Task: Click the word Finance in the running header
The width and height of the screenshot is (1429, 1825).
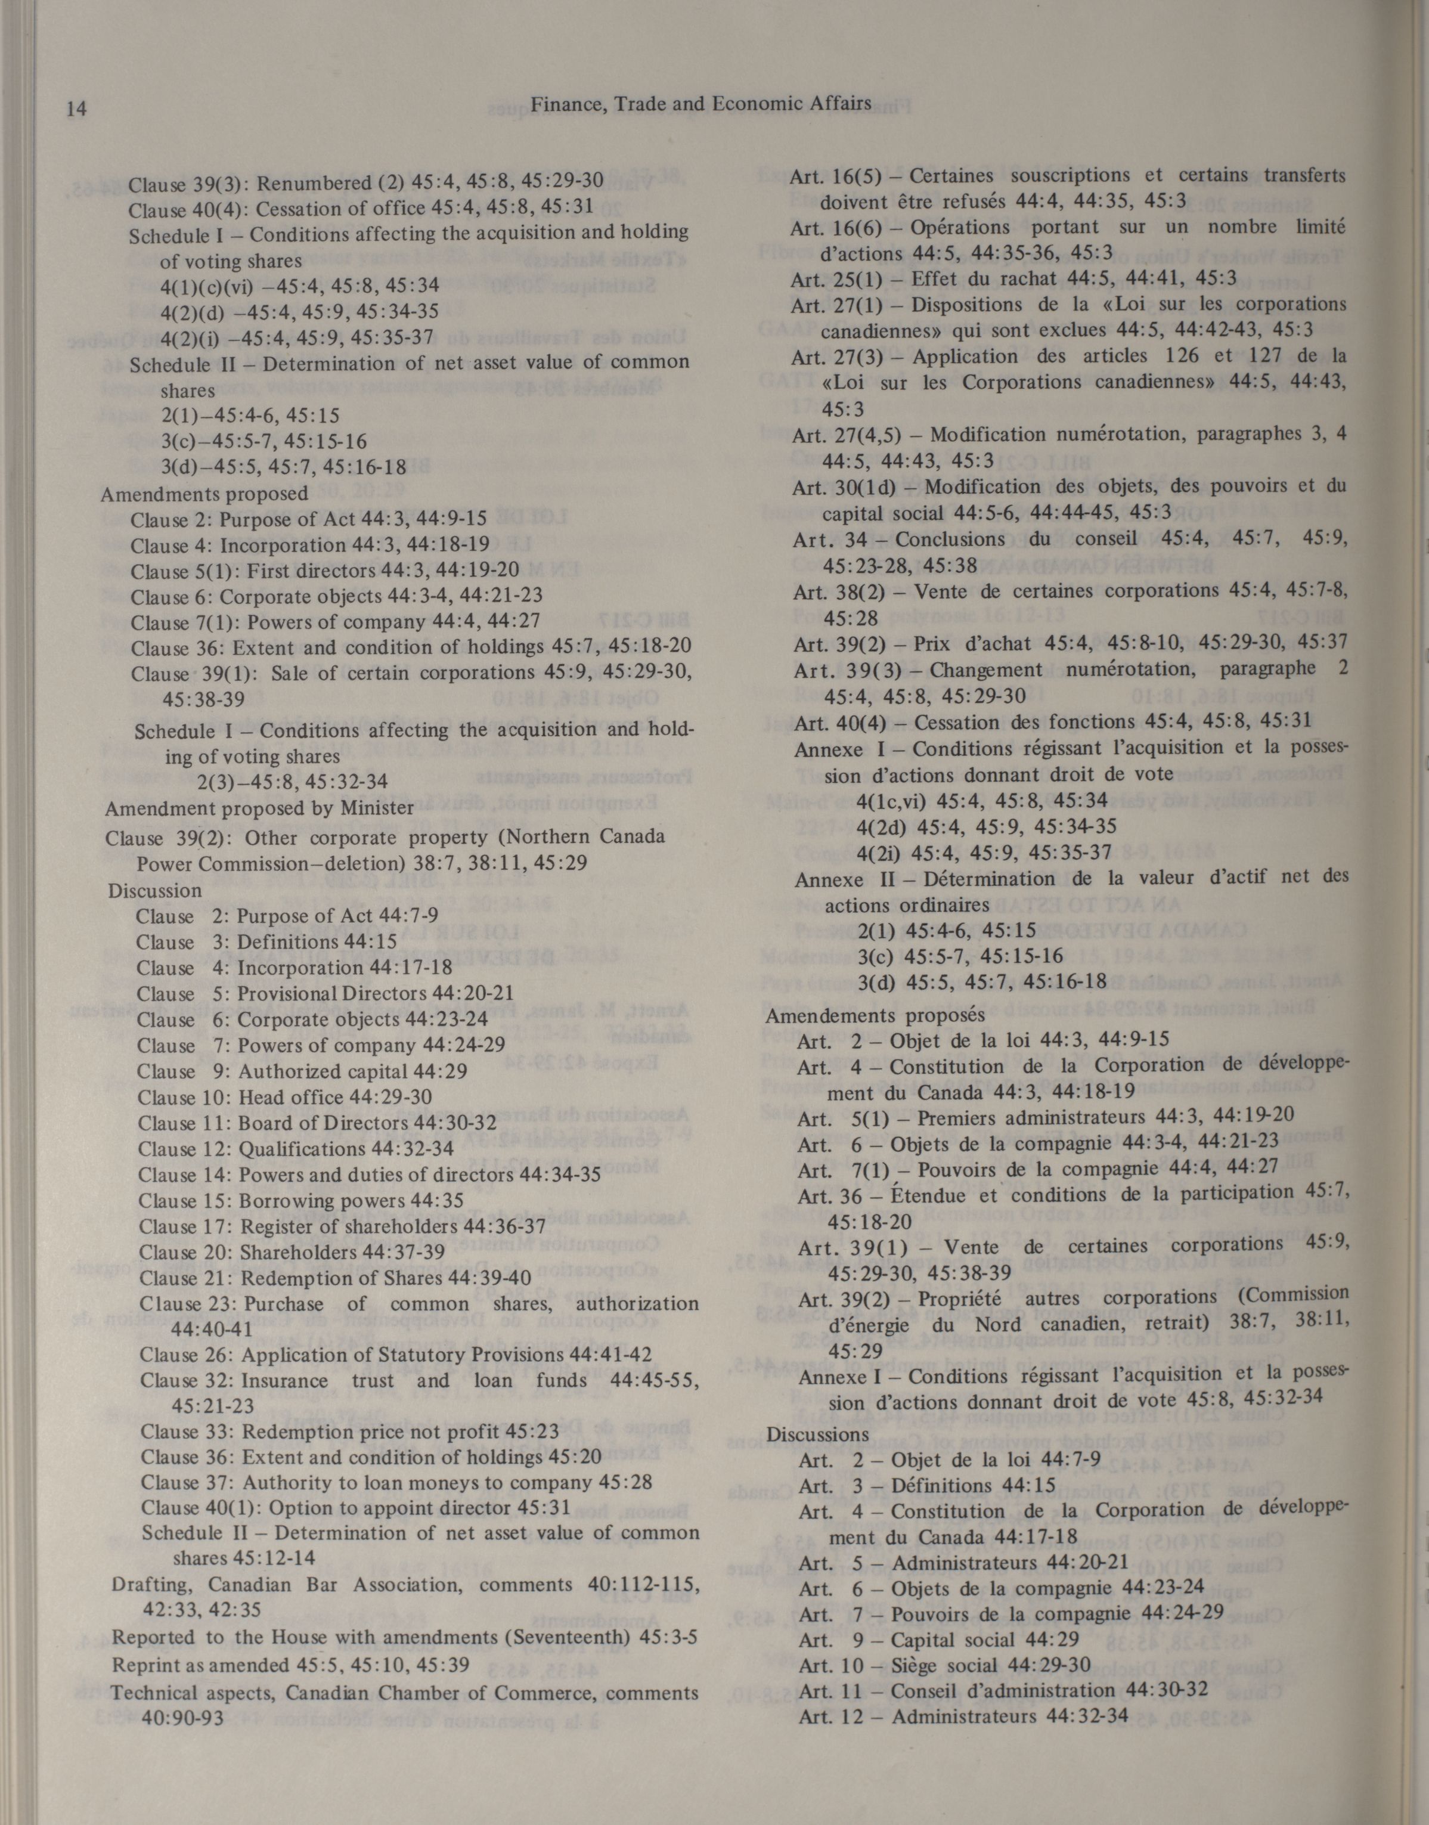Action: (565, 104)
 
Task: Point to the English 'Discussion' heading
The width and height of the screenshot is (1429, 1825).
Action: (155, 890)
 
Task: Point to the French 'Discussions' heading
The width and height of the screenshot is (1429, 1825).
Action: (817, 1435)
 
